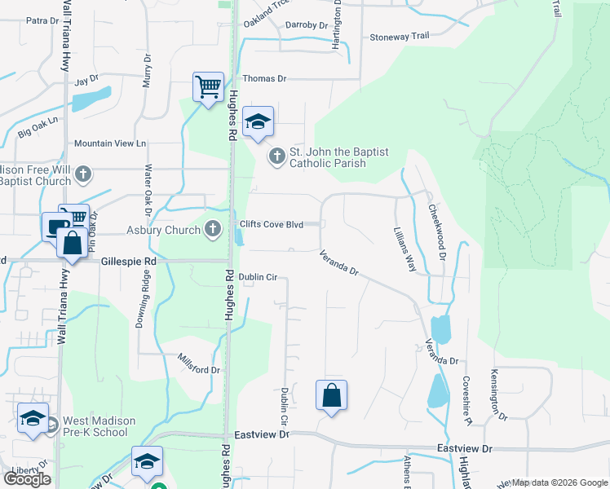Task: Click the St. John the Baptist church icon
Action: coord(277,155)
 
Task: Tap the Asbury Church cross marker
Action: coord(214,229)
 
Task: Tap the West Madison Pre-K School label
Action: coord(95,425)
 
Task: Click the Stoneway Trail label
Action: coord(399,37)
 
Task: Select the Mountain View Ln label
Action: coord(109,143)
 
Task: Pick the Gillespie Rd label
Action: coord(129,262)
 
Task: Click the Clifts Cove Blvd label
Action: coord(271,224)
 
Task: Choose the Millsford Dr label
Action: coord(200,363)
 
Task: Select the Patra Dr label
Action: coord(38,20)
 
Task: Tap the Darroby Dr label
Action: coord(307,25)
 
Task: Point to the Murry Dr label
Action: coord(147,70)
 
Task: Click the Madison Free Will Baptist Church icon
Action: coord(82,174)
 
